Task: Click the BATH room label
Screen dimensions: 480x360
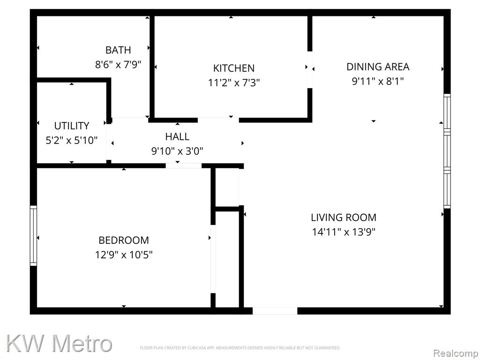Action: click(x=118, y=50)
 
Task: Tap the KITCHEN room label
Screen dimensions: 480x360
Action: click(x=234, y=68)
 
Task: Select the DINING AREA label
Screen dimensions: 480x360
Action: click(x=378, y=67)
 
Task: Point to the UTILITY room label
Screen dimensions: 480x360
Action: click(x=72, y=126)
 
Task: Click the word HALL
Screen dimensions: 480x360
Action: click(x=177, y=136)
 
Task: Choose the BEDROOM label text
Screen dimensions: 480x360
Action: click(x=124, y=240)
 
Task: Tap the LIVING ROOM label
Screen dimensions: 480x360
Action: click(x=344, y=217)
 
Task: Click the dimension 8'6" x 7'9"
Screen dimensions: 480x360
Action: click(x=118, y=65)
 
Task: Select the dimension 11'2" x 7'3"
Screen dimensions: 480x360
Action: click(x=234, y=82)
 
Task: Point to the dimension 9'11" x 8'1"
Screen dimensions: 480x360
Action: click(x=378, y=81)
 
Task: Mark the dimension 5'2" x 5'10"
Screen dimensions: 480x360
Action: click(x=72, y=140)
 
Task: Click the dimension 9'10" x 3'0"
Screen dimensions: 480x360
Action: click(x=177, y=151)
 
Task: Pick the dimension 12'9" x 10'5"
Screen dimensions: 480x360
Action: click(x=124, y=255)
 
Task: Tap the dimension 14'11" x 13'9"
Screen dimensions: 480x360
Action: click(x=344, y=232)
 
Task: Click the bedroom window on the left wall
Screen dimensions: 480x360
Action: click(x=33, y=235)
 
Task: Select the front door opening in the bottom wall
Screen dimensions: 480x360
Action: click(x=275, y=311)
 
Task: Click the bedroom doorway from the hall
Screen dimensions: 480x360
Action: click(x=184, y=165)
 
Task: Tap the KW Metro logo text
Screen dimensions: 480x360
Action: click(x=59, y=343)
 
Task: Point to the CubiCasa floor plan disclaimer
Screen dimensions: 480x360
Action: click(x=240, y=348)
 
